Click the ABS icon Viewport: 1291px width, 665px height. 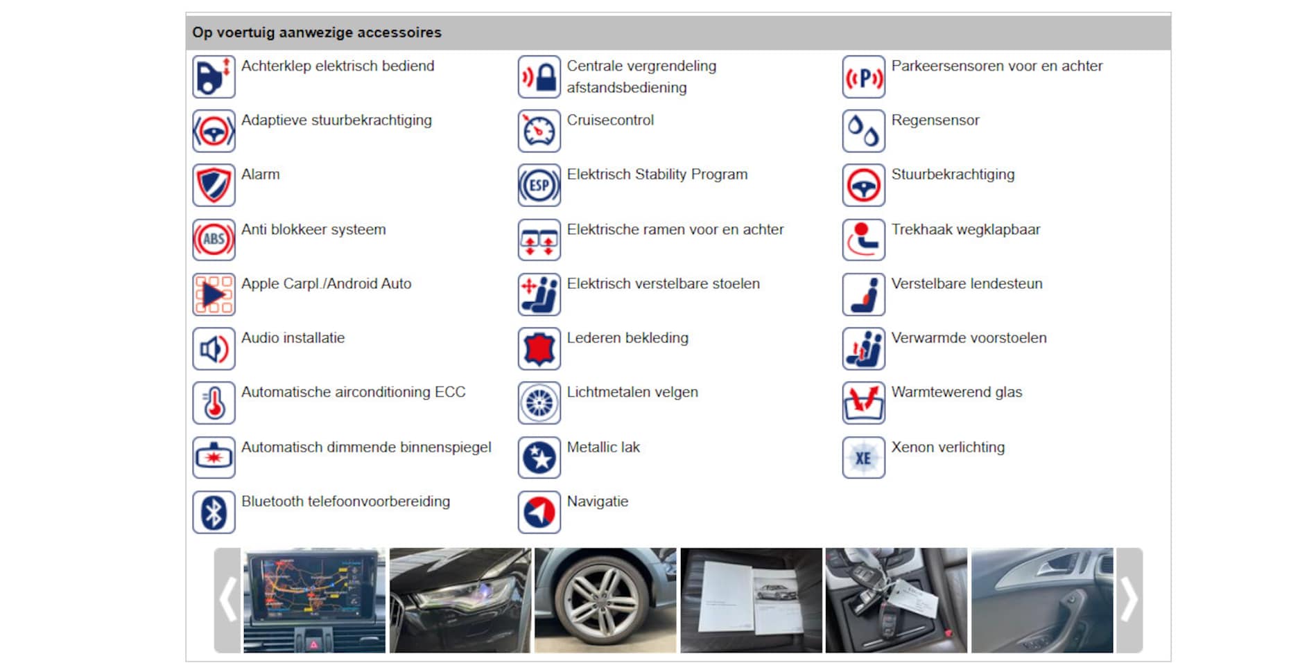click(214, 240)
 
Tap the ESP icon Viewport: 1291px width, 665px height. click(539, 185)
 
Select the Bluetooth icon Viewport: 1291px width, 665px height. click(214, 513)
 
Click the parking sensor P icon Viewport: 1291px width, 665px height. click(863, 77)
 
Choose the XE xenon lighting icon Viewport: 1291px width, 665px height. click(863, 458)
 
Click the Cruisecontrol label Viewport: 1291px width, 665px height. click(610, 121)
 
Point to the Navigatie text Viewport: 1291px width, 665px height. click(598, 502)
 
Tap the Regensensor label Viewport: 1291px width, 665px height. click(935, 121)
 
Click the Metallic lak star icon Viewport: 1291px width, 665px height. click(539, 458)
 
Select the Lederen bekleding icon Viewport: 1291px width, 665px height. click(539, 348)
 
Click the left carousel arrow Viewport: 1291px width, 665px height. click(227, 600)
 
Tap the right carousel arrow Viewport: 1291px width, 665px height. click(1129, 600)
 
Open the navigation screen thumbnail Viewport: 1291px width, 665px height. click(314, 600)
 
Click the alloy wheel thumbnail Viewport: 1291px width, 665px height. click(605, 600)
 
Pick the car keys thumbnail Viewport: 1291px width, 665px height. click(896, 600)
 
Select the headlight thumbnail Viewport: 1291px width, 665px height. click(460, 600)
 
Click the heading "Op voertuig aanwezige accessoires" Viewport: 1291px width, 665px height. click(317, 33)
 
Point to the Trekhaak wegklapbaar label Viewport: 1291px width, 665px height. click(966, 230)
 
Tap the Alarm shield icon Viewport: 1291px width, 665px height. click(214, 185)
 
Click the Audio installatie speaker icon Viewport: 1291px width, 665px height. click(214, 348)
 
